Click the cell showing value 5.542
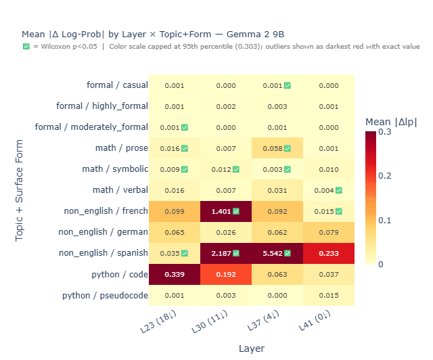pyautogui.click(x=277, y=254)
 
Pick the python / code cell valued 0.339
pyautogui.click(x=174, y=275)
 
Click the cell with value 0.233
pyautogui.click(x=329, y=254)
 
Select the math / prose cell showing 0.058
pyautogui.click(x=277, y=148)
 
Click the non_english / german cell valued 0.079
pyautogui.click(x=329, y=233)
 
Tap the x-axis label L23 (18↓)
pyautogui.click(x=172, y=323)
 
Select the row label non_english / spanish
pyautogui.click(x=104, y=254)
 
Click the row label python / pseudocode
pyautogui.click(x=105, y=296)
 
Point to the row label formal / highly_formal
pyautogui.click(x=101, y=106)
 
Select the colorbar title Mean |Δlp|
pyautogui.click(x=391, y=122)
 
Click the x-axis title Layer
pyautogui.click(x=251, y=348)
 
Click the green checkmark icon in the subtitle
pyautogui.click(x=26, y=46)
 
